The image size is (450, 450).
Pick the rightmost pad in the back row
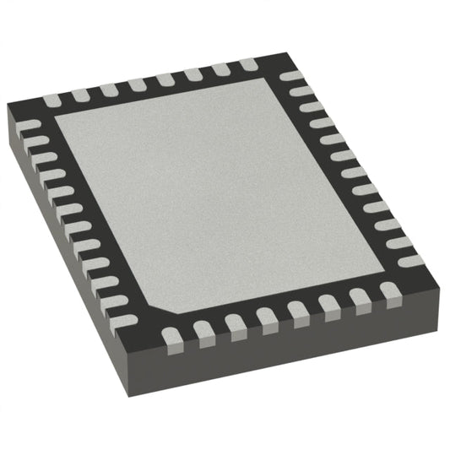coord(248,65)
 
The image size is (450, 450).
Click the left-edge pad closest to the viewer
coord(122,322)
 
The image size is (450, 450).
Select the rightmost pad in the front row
coord(389,292)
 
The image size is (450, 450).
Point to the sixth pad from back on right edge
coord(355,172)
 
